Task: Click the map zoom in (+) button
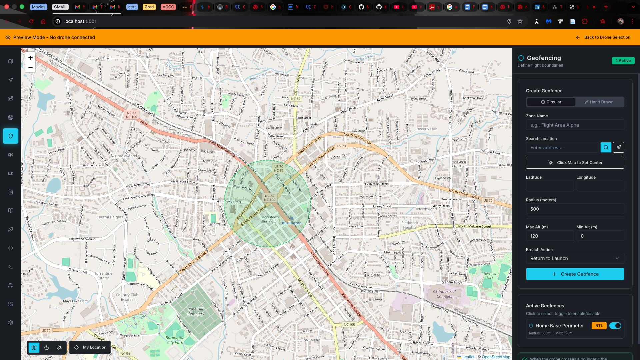click(x=30, y=58)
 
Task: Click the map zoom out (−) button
click(x=30, y=68)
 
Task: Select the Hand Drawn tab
click(x=599, y=102)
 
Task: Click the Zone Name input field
click(x=575, y=125)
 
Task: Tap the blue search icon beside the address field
click(x=606, y=147)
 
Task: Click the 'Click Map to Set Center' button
click(x=575, y=163)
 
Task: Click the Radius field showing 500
click(x=575, y=209)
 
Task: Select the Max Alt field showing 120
click(x=549, y=236)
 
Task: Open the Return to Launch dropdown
click(x=575, y=258)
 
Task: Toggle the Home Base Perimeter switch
click(x=615, y=326)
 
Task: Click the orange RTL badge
click(x=599, y=326)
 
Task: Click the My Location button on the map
click(x=90, y=347)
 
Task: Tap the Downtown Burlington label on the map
click(x=270, y=219)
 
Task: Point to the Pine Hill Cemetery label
click(x=196, y=311)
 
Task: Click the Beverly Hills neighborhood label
click(x=427, y=129)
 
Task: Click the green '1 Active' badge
click(x=623, y=61)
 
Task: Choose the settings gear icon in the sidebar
click(x=11, y=323)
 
